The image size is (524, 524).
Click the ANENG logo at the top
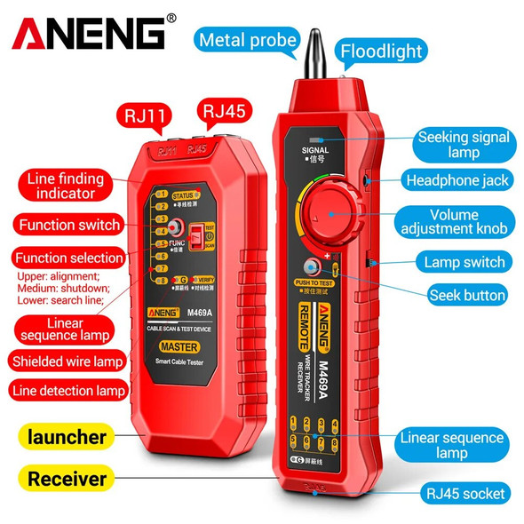point(89,34)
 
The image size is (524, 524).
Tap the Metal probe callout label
point(248,40)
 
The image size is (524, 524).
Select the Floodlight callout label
point(382,51)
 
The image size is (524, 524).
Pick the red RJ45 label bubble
point(226,111)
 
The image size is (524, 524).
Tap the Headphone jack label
point(458,180)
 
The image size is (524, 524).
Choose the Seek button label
point(467,295)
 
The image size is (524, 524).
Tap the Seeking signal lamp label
point(464,145)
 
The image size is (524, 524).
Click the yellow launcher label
point(67,437)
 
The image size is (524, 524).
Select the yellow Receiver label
point(67,479)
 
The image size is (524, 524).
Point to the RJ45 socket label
point(464,493)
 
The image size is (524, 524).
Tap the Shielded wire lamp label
point(67,361)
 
